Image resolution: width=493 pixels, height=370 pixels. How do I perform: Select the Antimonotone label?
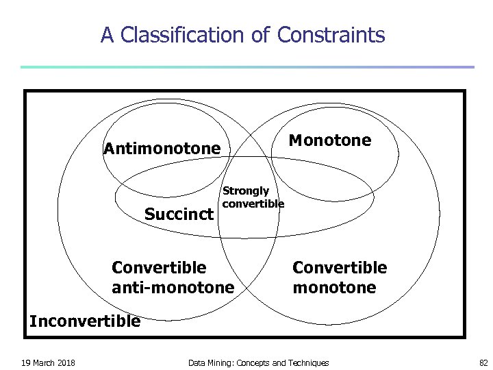(x=162, y=149)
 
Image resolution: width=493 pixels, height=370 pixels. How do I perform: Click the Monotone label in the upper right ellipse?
(x=330, y=140)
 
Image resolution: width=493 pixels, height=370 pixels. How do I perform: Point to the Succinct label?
(x=179, y=214)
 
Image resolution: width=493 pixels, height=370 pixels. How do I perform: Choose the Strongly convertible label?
(x=253, y=197)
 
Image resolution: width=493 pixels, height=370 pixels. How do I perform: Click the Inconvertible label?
(x=85, y=320)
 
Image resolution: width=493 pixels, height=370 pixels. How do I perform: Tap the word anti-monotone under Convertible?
(x=173, y=287)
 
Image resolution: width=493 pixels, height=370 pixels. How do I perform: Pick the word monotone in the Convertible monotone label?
(x=334, y=287)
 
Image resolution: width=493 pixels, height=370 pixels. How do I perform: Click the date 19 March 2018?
(x=48, y=362)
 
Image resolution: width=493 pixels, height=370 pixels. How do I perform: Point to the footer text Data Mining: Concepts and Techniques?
(x=258, y=362)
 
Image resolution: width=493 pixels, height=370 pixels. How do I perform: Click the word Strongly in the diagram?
(x=246, y=191)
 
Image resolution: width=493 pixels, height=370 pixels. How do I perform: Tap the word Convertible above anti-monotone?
(x=159, y=267)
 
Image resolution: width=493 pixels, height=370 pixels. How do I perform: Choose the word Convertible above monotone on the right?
(x=340, y=267)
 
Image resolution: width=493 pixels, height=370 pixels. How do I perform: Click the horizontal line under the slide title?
(x=246, y=67)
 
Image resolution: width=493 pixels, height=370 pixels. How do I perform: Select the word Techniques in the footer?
(x=309, y=362)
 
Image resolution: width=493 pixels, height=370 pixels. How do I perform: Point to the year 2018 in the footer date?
(x=66, y=362)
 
